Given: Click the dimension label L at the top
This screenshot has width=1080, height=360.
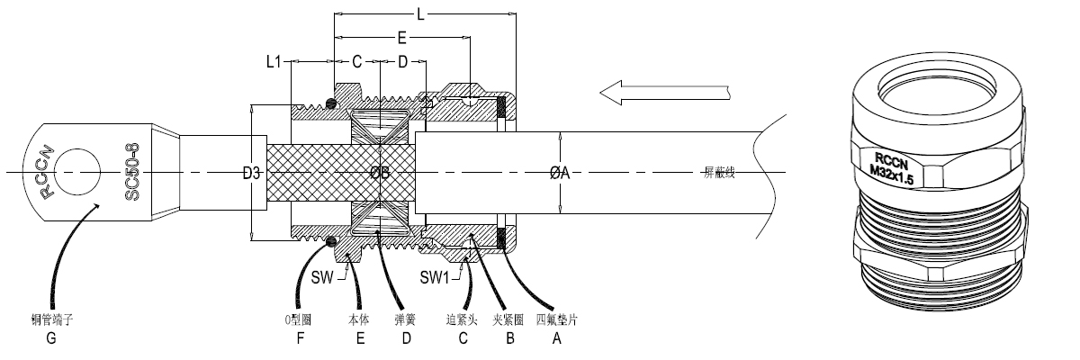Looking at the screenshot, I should pos(421,14).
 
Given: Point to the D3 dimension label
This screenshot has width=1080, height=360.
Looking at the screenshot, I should pos(252,174).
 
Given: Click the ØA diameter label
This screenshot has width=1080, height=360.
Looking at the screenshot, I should pos(560,174).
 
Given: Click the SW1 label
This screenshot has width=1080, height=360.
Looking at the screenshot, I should pos(435,276).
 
